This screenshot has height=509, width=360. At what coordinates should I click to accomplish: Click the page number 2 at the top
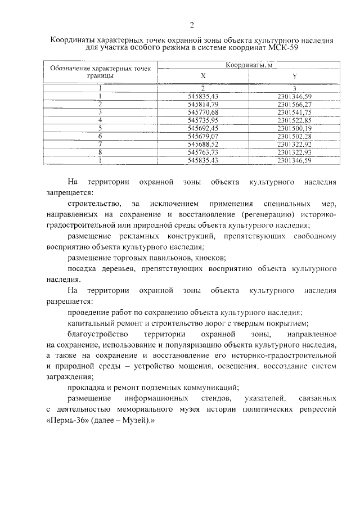click(x=191, y=25)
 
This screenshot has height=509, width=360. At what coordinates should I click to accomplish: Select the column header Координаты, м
click(x=249, y=65)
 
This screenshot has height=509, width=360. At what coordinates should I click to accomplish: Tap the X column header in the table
click(x=203, y=76)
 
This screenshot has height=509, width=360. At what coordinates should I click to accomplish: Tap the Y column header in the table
click(x=294, y=76)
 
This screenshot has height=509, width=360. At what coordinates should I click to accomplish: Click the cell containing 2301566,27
click(x=294, y=105)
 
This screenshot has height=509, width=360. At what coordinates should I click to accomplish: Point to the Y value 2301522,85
click(x=294, y=120)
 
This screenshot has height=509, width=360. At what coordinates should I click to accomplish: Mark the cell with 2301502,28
click(x=294, y=136)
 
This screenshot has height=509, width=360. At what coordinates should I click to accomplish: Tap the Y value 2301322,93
click(x=294, y=152)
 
